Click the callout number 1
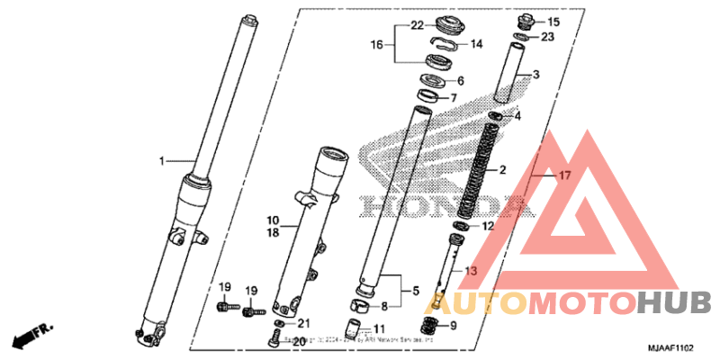[163, 161]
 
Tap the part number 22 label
[418, 24]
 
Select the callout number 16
[378, 43]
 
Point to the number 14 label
[477, 43]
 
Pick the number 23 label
[548, 37]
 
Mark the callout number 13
[471, 270]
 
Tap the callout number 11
[380, 329]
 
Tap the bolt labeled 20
[273, 338]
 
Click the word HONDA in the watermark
[432, 204]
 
